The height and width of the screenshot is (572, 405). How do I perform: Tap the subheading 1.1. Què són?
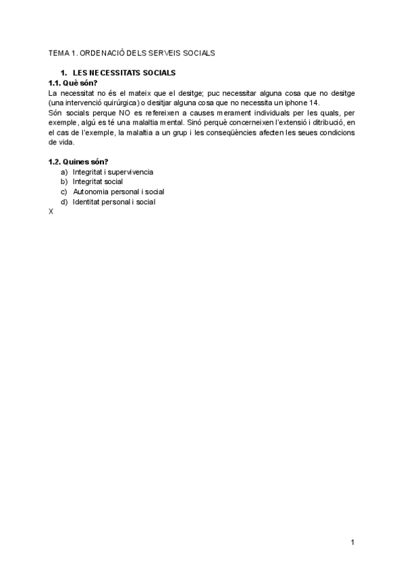(73, 82)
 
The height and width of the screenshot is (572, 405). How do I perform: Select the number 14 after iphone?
(313, 103)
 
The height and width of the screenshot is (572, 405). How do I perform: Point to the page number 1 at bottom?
(352, 542)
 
